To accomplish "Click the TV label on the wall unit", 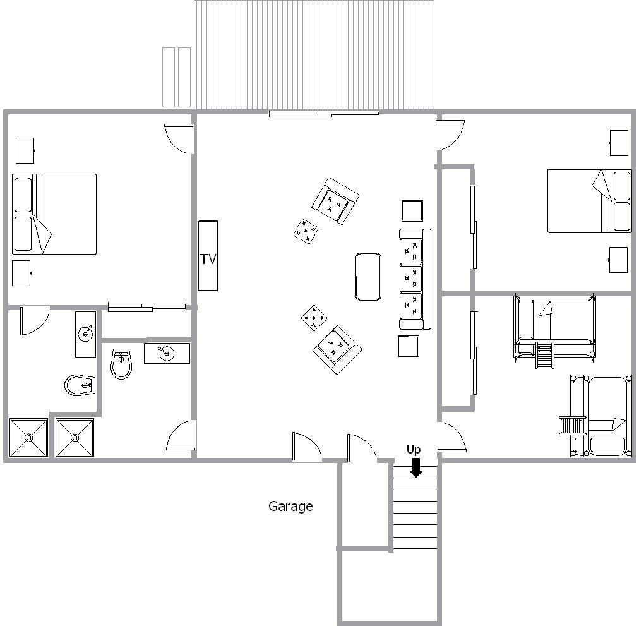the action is [x=208, y=259].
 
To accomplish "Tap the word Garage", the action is [x=290, y=507].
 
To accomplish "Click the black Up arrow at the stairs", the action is [x=415, y=467].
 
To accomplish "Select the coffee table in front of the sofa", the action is [x=368, y=277].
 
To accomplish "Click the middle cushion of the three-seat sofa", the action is [x=411, y=279].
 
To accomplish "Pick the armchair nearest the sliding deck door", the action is [x=335, y=201].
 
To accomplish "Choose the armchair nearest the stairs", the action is [x=337, y=349].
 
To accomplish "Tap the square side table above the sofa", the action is [x=412, y=211].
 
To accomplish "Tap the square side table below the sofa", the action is [x=409, y=346].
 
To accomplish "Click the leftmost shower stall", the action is [x=28, y=438].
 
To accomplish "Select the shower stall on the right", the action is [x=75, y=438].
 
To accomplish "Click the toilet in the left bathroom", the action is [x=80, y=385].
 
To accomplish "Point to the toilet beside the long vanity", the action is [x=121, y=364].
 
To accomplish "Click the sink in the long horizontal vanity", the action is [x=166, y=353].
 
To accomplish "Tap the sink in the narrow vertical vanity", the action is [x=86, y=334].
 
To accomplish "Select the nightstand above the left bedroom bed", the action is [x=25, y=150].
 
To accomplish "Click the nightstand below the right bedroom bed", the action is [x=618, y=260].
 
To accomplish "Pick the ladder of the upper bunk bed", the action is [x=545, y=355].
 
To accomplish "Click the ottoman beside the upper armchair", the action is [x=306, y=231].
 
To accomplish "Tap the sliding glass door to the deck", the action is [x=325, y=114].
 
